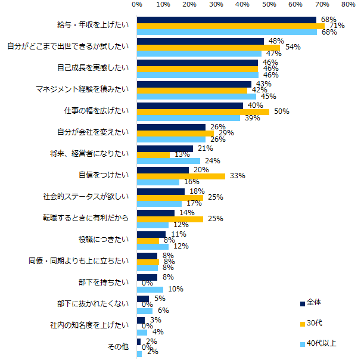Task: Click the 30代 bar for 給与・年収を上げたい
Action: coord(231,26)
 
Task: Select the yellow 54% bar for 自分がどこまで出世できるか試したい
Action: coord(208,48)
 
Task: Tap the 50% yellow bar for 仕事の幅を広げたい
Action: coord(203,111)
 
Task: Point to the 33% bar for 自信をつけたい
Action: coord(181,176)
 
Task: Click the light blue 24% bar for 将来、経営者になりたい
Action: coord(169,160)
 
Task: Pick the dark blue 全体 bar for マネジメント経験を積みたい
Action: coord(194,84)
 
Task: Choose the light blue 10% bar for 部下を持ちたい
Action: coord(150,289)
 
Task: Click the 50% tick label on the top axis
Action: coord(269,5)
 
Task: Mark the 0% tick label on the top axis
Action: coord(137,5)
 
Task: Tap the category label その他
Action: coord(118,347)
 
